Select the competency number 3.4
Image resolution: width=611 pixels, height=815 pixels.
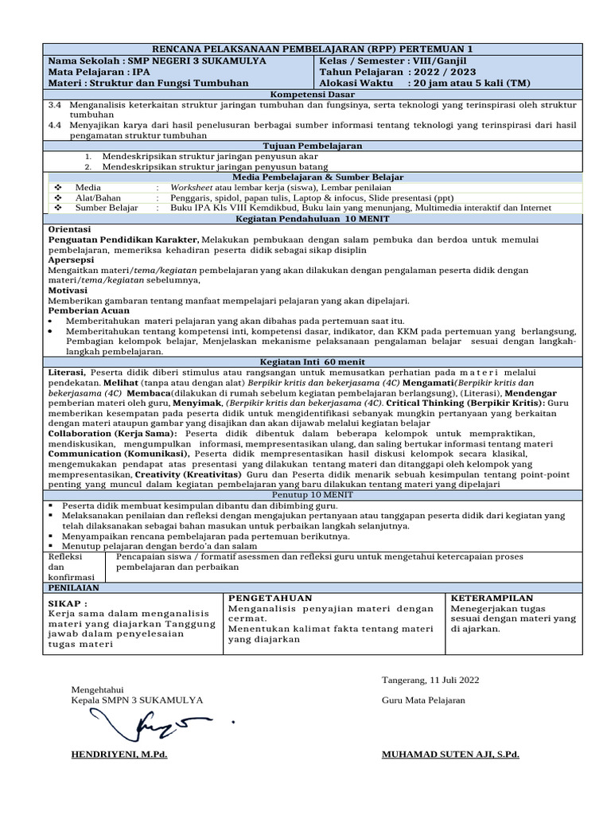click(x=55, y=104)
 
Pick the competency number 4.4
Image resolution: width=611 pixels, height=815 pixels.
click(x=55, y=125)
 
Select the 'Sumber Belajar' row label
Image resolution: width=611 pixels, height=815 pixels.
click(x=107, y=208)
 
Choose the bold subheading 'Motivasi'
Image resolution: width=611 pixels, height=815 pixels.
click(x=68, y=291)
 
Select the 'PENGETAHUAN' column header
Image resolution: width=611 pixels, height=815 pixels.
click(x=270, y=598)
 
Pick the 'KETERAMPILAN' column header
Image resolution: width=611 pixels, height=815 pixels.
click(x=492, y=598)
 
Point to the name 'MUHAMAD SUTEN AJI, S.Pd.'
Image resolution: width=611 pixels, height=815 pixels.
click(x=450, y=754)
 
